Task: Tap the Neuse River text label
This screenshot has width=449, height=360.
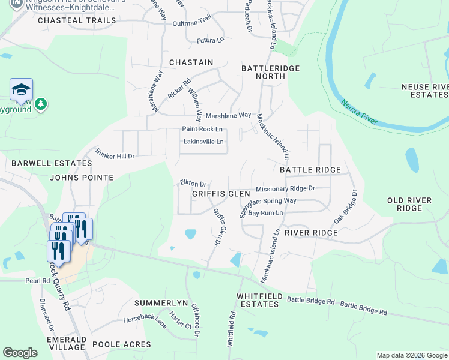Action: pos(360,113)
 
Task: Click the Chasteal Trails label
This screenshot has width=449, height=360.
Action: pos(76,20)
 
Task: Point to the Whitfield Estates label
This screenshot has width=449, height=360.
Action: pos(258,300)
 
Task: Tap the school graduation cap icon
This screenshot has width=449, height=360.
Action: pos(21,90)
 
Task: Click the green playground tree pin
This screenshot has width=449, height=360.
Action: pos(41,104)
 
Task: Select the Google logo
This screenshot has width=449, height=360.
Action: pos(20,353)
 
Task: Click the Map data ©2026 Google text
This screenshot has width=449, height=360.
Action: pos(411,355)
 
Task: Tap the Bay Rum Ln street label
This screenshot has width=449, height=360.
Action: pos(265,213)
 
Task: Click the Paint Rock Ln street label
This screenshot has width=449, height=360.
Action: pos(202,130)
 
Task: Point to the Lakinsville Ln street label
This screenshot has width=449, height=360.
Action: pos(203,142)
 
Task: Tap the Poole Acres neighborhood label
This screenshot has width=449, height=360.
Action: pos(122,344)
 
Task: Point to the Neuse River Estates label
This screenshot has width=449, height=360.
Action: pos(424,91)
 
